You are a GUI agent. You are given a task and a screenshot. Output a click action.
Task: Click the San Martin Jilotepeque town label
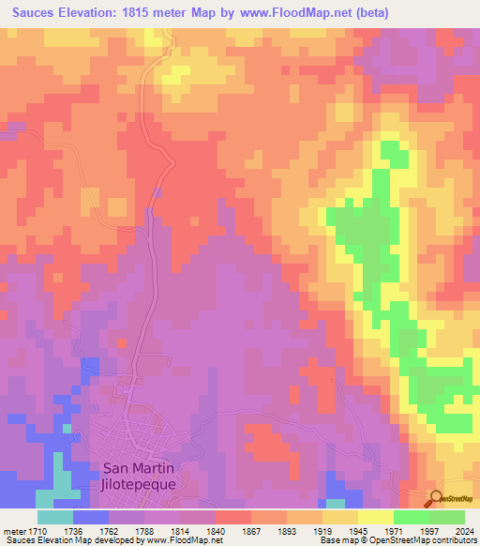coord(138,476)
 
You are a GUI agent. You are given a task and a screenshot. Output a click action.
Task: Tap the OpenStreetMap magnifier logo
coord(436,497)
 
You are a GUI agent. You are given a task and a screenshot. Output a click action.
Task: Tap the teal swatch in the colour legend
coord(54,517)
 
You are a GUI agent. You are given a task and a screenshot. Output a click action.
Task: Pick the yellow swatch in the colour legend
coord(375,517)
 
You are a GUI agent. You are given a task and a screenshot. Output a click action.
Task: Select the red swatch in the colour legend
coord(232,517)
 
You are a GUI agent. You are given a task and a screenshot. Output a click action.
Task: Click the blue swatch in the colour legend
coord(90,517)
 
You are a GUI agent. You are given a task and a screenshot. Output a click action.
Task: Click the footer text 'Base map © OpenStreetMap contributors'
coord(396,540)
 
